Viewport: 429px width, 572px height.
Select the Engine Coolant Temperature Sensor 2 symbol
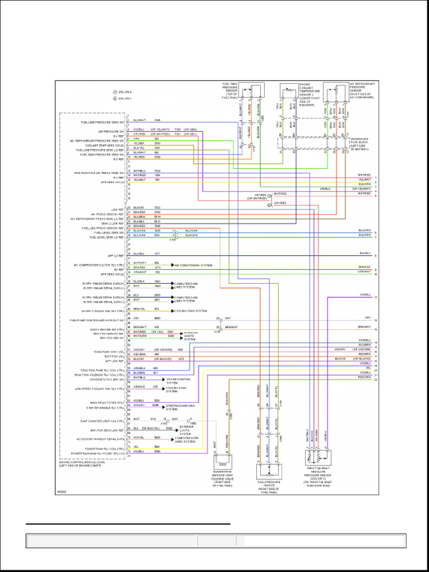(x=289, y=90)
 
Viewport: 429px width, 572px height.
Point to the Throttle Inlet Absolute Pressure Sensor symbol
(x=318, y=458)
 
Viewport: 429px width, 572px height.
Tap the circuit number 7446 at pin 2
(x=158, y=120)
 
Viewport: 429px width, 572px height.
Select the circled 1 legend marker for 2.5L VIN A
(x=115, y=91)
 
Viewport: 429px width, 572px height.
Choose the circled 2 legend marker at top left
(x=115, y=98)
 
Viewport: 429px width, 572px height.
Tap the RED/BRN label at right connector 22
(x=364, y=378)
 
